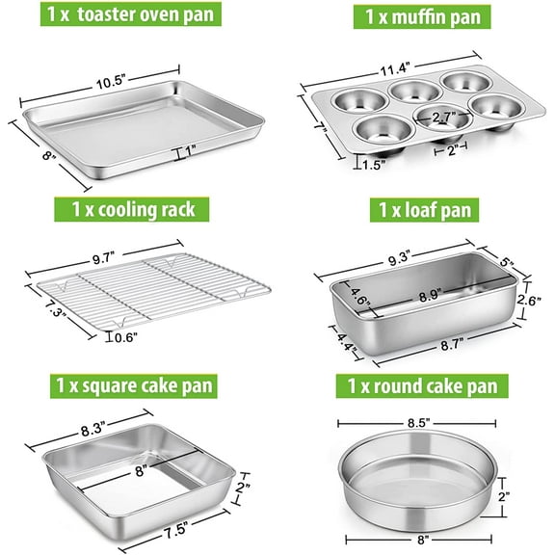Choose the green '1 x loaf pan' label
[x=415, y=209]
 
